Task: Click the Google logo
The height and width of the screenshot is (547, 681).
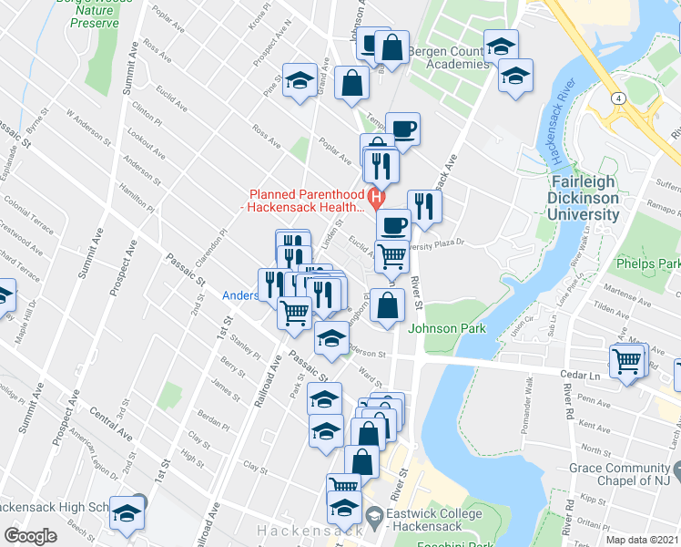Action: (x=30, y=536)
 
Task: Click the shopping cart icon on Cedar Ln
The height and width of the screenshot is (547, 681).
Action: (x=626, y=361)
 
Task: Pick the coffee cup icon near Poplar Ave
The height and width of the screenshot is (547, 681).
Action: (x=402, y=129)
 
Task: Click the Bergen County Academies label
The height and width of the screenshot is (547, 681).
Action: (x=447, y=57)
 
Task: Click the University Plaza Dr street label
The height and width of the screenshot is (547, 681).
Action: (x=436, y=243)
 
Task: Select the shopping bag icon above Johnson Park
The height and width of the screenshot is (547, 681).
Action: (x=388, y=307)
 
